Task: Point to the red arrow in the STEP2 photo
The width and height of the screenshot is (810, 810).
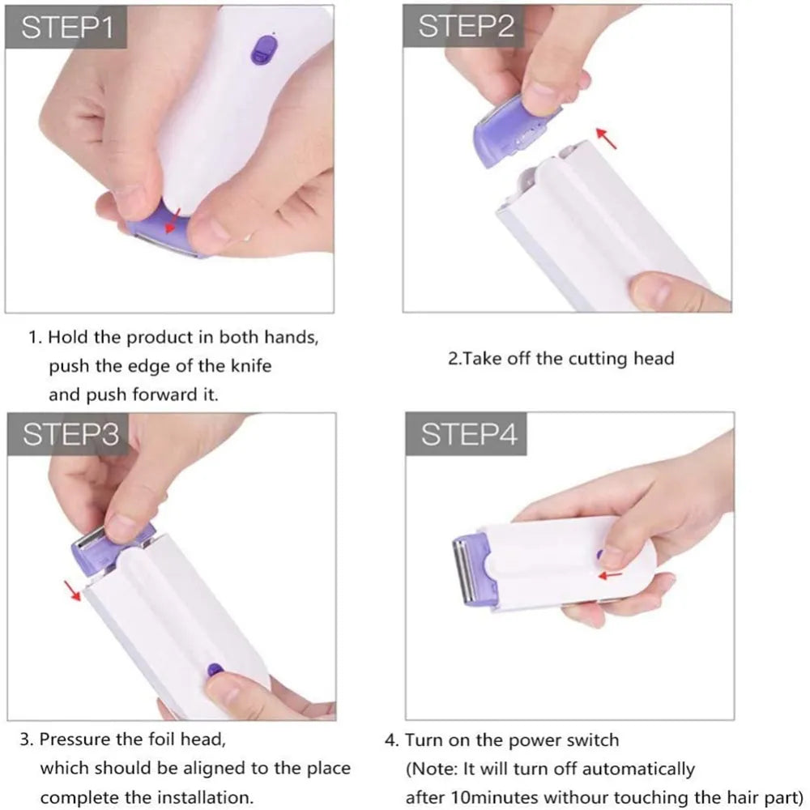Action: tap(606, 137)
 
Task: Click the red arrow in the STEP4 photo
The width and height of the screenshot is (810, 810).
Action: tap(612, 574)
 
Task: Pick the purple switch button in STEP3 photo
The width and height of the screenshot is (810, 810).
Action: tap(215, 671)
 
